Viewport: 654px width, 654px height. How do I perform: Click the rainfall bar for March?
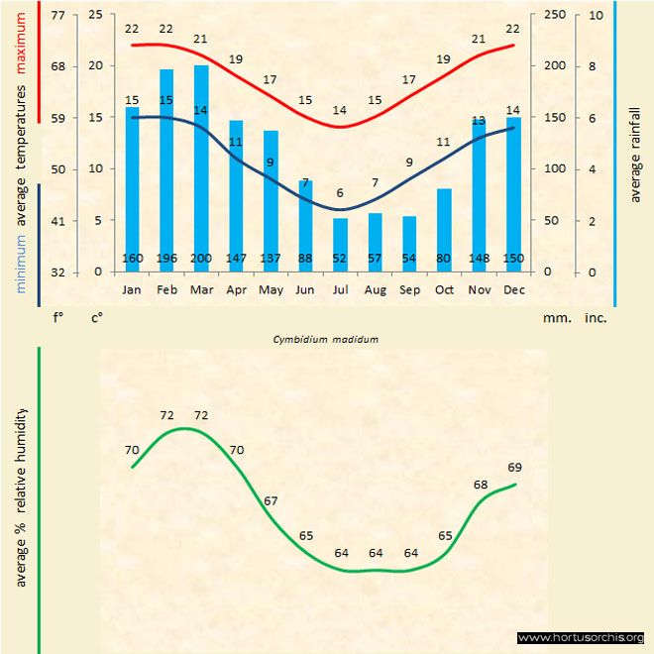pyautogui.click(x=201, y=168)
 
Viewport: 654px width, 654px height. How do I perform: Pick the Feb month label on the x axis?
pyautogui.click(x=166, y=289)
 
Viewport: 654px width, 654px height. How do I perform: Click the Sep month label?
pyautogui.click(x=409, y=289)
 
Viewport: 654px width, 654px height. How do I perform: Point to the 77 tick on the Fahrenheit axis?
pyautogui.click(x=57, y=16)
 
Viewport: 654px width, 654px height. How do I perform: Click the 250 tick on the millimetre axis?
pyautogui.click(x=555, y=16)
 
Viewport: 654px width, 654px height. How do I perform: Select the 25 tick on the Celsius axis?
pyautogui.click(x=95, y=16)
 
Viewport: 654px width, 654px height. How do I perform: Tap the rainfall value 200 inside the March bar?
pyautogui.click(x=201, y=260)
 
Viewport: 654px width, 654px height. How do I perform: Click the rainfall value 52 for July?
pyautogui.click(x=340, y=260)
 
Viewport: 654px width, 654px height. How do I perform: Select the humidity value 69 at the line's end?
pyautogui.click(x=515, y=467)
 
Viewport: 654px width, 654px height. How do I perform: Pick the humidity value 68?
pyautogui.click(x=481, y=485)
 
